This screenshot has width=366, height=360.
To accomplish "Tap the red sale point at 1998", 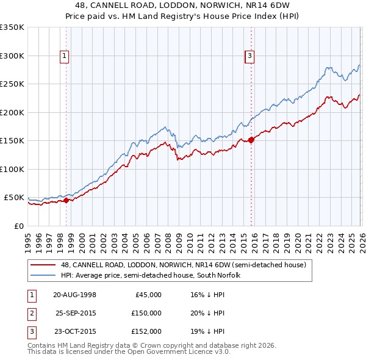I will pos(66,200).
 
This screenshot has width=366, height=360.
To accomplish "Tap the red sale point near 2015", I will pos(251,140).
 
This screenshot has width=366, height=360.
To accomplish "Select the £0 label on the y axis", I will pos(18,226).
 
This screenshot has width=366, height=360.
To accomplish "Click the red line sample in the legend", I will pos(44,265).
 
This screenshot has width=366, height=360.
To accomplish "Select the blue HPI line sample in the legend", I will pos(44,275).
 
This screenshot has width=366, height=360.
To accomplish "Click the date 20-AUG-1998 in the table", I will pos(74,295).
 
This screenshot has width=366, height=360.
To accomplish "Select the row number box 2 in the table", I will pos(30,313).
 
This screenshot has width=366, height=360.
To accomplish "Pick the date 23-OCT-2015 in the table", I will pos(74,331).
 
